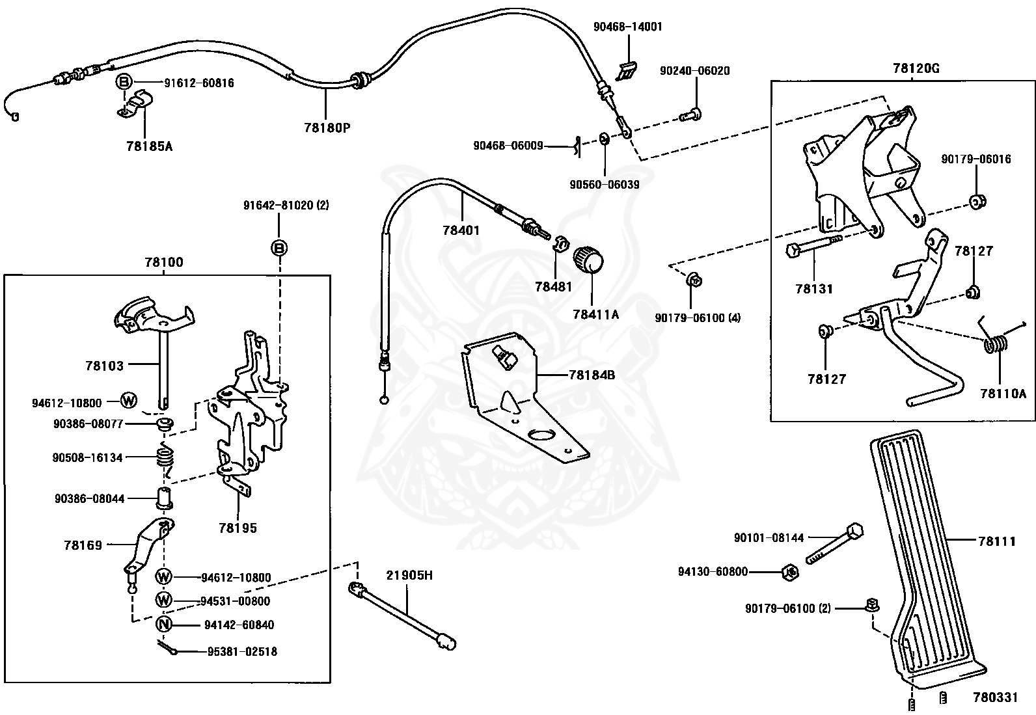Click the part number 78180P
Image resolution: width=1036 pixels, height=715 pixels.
tap(327, 127)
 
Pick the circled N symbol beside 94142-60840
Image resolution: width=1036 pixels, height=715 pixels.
tap(163, 625)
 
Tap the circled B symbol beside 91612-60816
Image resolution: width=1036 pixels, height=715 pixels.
tap(124, 83)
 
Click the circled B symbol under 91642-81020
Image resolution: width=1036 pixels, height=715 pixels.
tap(279, 248)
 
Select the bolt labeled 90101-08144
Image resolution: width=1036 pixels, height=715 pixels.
tap(835, 543)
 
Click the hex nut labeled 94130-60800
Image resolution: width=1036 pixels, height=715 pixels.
tap(790, 573)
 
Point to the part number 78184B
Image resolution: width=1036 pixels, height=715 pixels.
tap(592, 375)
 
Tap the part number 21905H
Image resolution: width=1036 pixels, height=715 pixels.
tap(409, 575)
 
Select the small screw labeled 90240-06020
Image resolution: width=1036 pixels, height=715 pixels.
tap(690, 114)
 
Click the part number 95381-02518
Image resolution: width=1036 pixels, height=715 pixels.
tap(242, 652)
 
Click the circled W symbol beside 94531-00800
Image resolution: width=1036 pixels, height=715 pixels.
tap(163, 600)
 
